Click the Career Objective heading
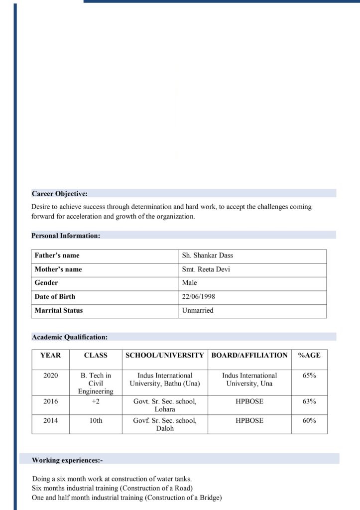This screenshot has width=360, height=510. tap(60, 193)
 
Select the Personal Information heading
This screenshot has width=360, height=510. tap(66, 236)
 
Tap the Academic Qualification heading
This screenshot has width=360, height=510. tap(70, 337)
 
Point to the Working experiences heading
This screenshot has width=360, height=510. tap(67, 460)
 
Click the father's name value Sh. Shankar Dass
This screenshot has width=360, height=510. tap(208, 255)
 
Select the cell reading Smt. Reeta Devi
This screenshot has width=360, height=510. tap(206, 269)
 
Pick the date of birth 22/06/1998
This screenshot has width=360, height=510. tap(199, 296)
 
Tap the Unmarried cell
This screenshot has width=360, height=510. tap(198, 310)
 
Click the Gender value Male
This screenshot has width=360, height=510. tap(190, 283)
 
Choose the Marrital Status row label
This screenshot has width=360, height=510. tap(59, 310)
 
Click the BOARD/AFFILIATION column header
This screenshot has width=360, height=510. tap(249, 355)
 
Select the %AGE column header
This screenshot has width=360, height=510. tap(309, 355)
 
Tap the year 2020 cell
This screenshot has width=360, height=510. tap(50, 376)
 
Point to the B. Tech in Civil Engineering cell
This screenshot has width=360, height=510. tap(96, 383)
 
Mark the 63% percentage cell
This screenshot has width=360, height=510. tap(309, 401)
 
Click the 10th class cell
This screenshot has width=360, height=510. tap(96, 420)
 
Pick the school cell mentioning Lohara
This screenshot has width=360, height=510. tap(165, 405)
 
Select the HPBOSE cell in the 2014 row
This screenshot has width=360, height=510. tap(249, 420)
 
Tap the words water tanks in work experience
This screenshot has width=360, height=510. tap(173, 479)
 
